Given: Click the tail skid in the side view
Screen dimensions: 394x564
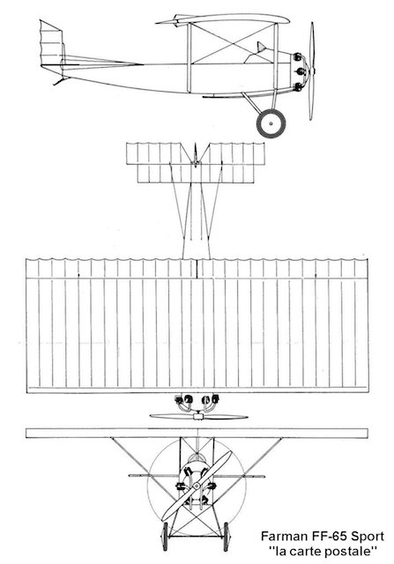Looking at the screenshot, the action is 60,81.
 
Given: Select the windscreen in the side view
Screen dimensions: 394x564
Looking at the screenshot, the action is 261,47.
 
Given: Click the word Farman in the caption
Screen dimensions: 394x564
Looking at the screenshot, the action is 282,537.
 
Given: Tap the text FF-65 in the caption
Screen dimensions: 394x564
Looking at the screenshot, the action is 327,537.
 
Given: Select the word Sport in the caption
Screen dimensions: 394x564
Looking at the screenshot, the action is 368,537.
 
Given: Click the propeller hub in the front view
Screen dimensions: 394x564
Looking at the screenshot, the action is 197,486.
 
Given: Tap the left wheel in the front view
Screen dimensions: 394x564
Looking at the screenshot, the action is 165,537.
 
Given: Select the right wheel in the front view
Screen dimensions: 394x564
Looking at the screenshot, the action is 227,537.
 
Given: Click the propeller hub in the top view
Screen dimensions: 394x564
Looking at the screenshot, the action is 198,417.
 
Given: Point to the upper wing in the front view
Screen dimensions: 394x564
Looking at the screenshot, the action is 197,433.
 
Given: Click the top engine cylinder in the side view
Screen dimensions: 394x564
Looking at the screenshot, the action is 298,56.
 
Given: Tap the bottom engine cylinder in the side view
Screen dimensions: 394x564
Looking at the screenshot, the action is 298,86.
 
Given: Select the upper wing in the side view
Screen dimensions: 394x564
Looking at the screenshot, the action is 223,19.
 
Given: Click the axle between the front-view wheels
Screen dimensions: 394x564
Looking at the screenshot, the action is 196,537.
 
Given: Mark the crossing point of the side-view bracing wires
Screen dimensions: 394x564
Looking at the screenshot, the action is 233,43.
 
